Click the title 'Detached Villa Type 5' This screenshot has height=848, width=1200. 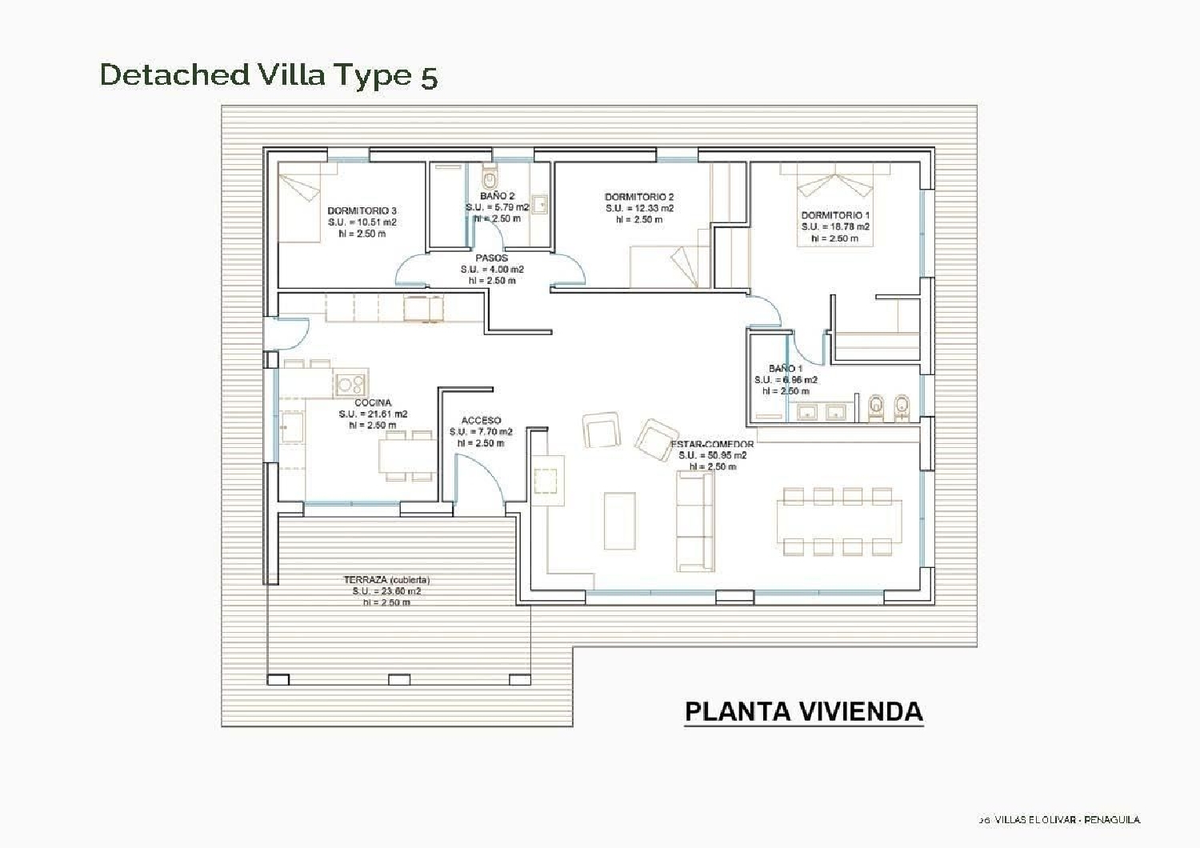coord(269,74)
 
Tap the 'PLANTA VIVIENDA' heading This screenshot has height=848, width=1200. coord(803,711)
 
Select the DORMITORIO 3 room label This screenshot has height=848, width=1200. coord(362,211)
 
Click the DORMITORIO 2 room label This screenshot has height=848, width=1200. coord(639,197)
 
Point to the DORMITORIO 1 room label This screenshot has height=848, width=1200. coord(835,215)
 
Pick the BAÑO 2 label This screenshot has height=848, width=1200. coord(497,195)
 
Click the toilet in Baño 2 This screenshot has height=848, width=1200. coord(490,175)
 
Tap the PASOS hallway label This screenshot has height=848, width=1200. coord(492,258)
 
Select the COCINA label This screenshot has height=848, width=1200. coord(373,402)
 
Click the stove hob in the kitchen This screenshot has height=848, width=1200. coord(350,384)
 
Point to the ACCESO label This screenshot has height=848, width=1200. coord(482,421)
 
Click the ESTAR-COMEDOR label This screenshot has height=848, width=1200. coord(712,444)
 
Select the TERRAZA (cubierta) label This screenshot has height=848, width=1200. coord(386,580)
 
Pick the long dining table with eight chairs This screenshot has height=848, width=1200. coord(838,522)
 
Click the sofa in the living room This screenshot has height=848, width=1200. coord(695,521)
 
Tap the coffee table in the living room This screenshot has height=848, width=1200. coord(619,521)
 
